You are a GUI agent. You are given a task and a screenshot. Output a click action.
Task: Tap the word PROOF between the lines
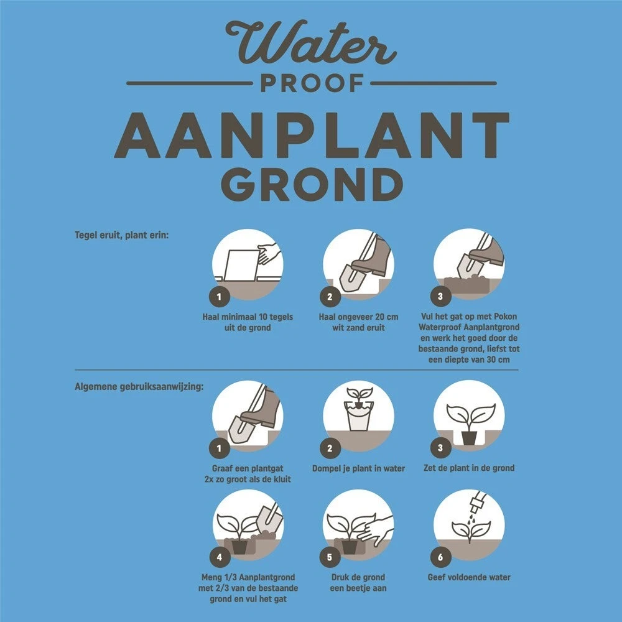click(311, 82)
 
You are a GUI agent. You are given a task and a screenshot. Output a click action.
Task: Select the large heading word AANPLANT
click(311, 136)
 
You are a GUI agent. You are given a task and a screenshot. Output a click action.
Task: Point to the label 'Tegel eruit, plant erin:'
click(121, 236)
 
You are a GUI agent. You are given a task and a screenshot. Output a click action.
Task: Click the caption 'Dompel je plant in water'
click(358, 468)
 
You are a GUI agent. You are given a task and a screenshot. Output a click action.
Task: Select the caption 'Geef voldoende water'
click(469, 577)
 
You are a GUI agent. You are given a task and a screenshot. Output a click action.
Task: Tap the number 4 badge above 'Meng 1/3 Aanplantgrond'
click(219, 557)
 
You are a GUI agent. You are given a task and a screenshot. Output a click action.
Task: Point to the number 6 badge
click(440, 557)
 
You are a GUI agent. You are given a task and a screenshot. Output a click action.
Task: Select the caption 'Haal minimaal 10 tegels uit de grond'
click(248, 322)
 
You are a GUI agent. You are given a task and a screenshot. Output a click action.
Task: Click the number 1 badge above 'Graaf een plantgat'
click(219, 447)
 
